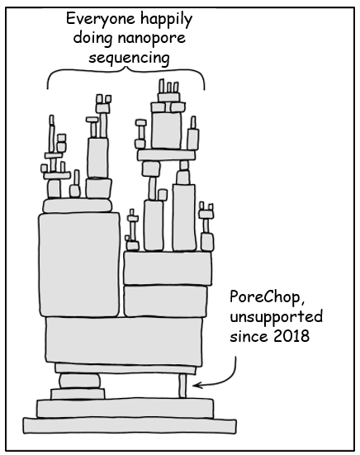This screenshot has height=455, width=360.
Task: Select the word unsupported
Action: click(277, 317)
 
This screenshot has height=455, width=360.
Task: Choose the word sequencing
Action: click(126, 58)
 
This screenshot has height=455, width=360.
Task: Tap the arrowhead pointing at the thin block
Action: click(197, 383)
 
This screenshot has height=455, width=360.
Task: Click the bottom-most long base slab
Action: click(128, 425)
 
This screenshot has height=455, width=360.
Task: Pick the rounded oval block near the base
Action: click(78, 381)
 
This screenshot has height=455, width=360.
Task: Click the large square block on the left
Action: click(79, 263)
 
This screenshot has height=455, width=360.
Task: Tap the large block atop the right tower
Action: click(169, 128)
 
